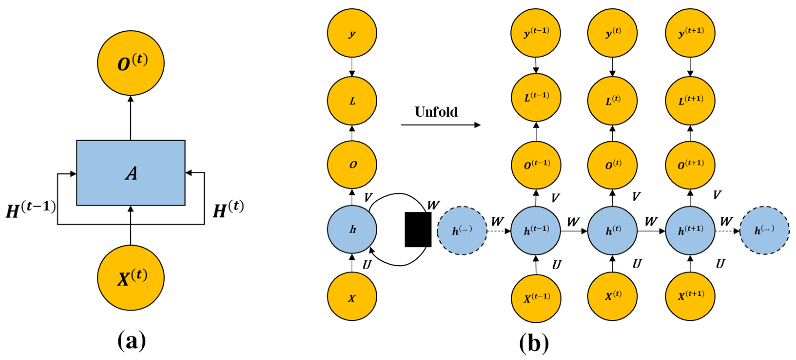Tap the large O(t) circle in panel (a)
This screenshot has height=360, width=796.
point(131,63)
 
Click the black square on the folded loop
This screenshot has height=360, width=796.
point(418,229)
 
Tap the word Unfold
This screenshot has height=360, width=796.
point(436,112)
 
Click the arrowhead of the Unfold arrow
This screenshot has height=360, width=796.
point(478,125)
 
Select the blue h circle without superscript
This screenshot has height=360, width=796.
point(352,230)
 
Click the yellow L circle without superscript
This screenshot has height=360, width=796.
point(352,101)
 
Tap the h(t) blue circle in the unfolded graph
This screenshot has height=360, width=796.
point(612,231)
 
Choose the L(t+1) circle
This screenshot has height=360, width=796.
point(690,101)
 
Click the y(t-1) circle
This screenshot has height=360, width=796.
point(535,33)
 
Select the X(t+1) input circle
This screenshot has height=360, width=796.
point(690,296)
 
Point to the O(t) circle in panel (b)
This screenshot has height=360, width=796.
point(612,165)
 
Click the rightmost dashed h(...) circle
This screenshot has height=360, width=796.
point(765,231)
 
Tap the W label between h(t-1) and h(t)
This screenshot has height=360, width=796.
point(573,221)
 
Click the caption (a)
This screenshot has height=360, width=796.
point(131,340)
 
